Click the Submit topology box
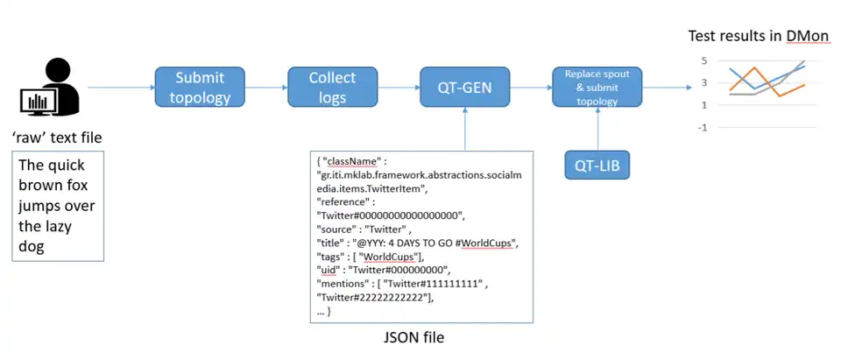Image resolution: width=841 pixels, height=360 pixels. tap(202, 88)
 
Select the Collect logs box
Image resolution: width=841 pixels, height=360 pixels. tap(333, 88)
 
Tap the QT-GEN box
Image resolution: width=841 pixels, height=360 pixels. tap(465, 88)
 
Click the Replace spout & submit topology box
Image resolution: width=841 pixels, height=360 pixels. tap(597, 88)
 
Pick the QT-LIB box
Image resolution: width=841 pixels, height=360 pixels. tap(597, 165)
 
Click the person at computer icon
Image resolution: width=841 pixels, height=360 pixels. tap(49, 88)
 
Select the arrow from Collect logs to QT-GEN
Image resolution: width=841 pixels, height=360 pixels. tap(399, 88)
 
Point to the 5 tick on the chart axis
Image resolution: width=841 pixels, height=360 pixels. tap(703, 61)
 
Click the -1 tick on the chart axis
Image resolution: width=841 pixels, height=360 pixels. tap(702, 127)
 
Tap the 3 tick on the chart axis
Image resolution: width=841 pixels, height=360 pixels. tap(703, 83)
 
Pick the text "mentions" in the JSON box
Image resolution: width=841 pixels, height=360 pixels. tap(345, 284)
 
